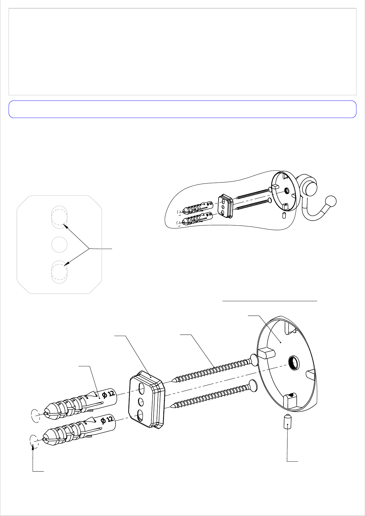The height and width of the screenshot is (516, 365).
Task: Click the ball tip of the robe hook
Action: click(331, 201)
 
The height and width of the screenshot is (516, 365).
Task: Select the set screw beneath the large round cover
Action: click(287, 422)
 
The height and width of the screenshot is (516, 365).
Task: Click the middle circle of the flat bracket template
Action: click(59, 245)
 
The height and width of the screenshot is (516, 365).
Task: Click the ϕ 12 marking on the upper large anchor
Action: click(108, 394)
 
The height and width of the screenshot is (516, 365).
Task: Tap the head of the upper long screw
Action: click(254, 360)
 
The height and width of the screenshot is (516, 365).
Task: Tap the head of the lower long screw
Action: click(253, 386)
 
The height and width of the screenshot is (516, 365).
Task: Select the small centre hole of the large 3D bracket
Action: click(141, 402)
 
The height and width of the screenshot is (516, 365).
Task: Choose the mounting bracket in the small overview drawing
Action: click(226, 207)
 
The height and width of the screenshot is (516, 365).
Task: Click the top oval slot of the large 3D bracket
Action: click(142, 390)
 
